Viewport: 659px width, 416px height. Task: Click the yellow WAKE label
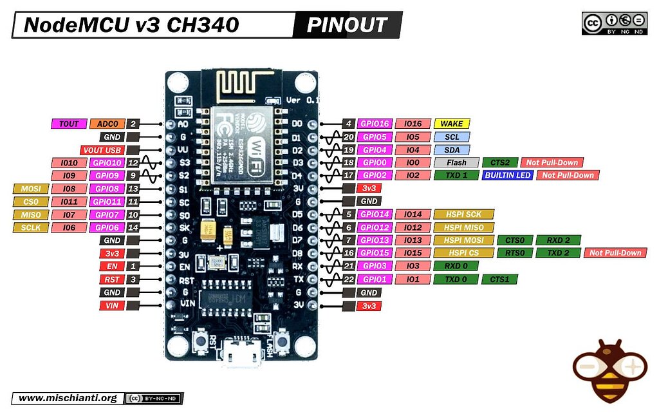pyautogui.click(x=452, y=124)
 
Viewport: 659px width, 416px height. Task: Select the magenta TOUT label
pyautogui.click(x=68, y=124)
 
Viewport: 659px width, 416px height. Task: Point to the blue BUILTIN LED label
pyautogui.click(x=507, y=175)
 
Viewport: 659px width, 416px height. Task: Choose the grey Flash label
pyautogui.click(x=456, y=162)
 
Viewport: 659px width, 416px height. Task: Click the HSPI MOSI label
pyautogui.click(x=463, y=240)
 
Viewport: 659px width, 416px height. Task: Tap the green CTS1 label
pyautogui.click(x=500, y=279)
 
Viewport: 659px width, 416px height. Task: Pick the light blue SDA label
pyautogui.click(x=452, y=149)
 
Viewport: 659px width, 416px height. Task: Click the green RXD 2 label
pyautogui.click(x=558, y=240)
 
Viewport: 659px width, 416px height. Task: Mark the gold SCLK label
pyautogui.click(x=30, y=227)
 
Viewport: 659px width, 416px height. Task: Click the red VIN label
pyautogui.click(x=111, y=305)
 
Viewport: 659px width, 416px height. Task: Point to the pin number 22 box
pyautogui.click(x=348, y=279)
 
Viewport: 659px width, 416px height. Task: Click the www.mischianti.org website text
pyautogui.click(x=68, y=398)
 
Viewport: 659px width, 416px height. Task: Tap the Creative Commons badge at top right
pyautogui.click(x=614, y=23)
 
